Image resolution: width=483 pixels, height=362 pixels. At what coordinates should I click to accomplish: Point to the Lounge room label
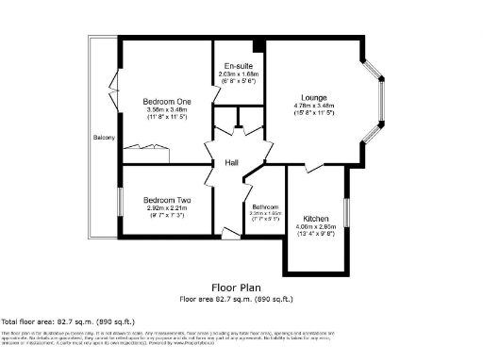pyautogui.click(x=313, y=97)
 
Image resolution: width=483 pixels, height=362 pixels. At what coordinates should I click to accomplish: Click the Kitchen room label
pyautogui.click(x=316, y=217)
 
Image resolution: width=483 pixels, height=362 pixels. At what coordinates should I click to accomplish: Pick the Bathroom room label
pyautogui.click(x=265, y=206)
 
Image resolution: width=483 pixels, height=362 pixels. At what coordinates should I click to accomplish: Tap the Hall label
pyautogui.click(x=231, y=163)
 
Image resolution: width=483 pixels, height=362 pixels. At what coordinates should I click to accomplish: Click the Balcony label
pyautogui.click(x=104, y=138)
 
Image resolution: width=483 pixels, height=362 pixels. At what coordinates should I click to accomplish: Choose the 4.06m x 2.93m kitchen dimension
pyautogui.click(x=316, y=226)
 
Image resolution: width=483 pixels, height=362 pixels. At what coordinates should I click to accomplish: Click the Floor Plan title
pyautogui.click(x=237, y=288)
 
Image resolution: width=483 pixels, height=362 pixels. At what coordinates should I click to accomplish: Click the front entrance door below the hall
pyautogui.click(x=228, y=232)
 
